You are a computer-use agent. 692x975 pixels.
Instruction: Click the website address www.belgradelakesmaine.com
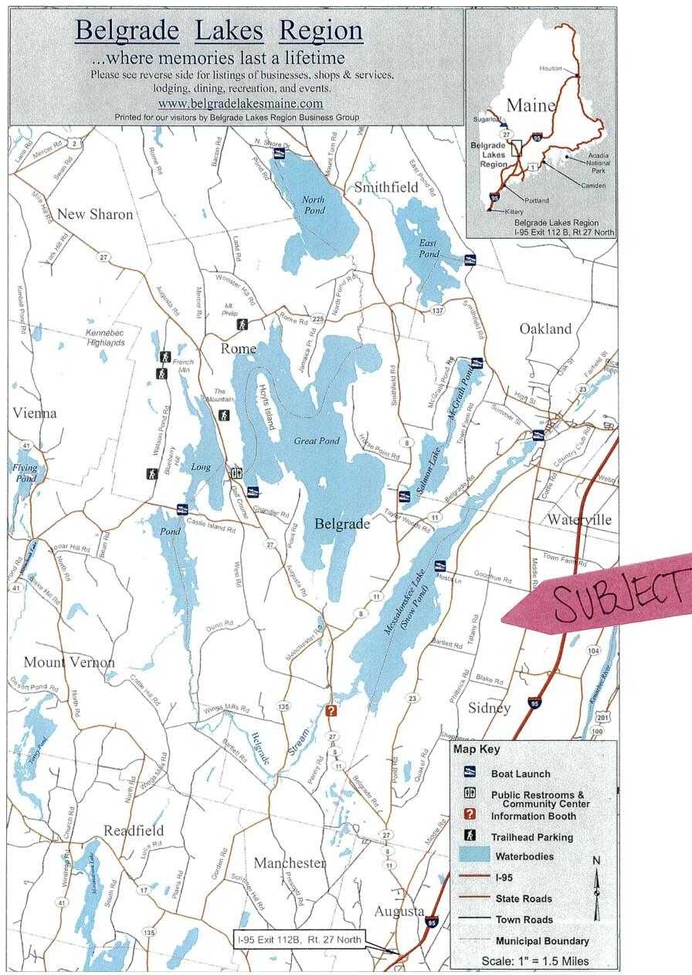240,103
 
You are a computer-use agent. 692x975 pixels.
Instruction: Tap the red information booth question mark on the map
331,711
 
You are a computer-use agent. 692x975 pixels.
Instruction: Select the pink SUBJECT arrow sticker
602,595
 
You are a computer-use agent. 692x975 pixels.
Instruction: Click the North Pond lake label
314,205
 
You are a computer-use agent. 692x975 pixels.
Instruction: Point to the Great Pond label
317,441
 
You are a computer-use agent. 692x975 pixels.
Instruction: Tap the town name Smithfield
386,187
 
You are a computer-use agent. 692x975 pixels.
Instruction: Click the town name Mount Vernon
69,662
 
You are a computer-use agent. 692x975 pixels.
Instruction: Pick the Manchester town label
290,862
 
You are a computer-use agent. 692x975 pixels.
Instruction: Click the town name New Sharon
95,214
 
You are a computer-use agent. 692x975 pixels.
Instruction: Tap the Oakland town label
545,328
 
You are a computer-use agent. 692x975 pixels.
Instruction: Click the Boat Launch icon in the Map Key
468,773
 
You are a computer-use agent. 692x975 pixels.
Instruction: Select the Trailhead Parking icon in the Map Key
468,836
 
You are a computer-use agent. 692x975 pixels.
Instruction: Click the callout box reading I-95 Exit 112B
297,940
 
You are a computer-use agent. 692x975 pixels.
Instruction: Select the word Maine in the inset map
531,105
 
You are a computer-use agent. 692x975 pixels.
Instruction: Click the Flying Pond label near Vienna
25,473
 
